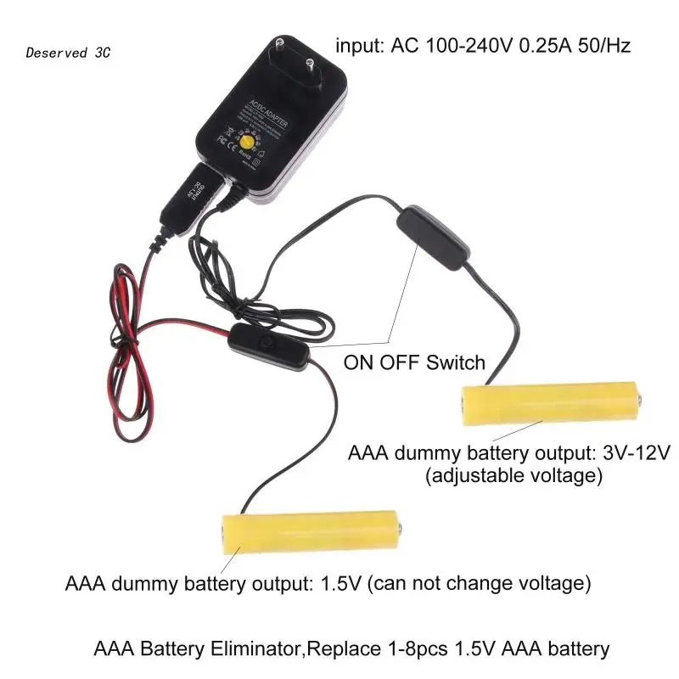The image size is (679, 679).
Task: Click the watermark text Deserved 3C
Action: (68, 53)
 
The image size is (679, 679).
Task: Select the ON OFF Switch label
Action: (414, 363)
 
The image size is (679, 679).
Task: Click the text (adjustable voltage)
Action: (513, 476)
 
